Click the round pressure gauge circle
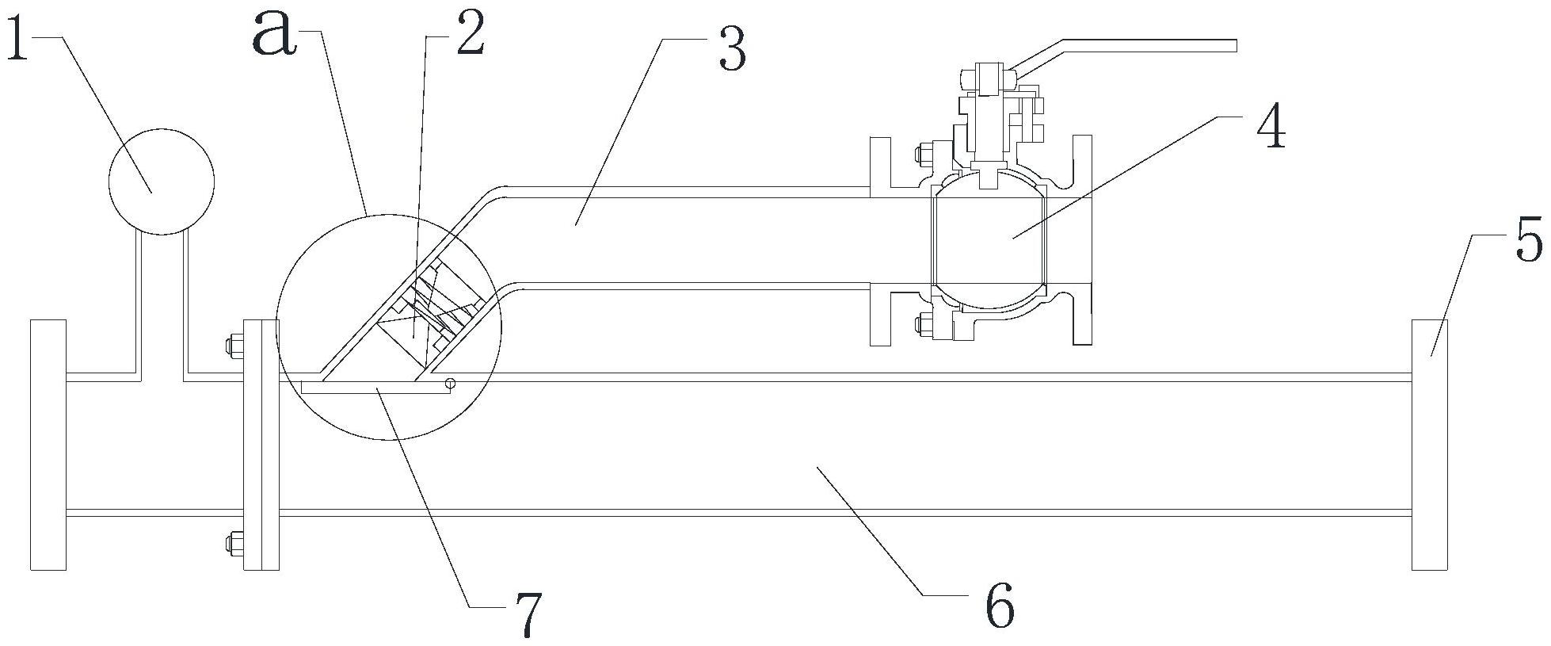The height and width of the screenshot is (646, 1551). [x=162, y=182]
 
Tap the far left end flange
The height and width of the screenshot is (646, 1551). [x=48, y=444]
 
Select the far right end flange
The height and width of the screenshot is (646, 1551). [x=1430, y=444]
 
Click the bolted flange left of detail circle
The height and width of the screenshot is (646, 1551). [x=261, y=444]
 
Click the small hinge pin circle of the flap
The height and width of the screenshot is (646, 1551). [x=450, y=384]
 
